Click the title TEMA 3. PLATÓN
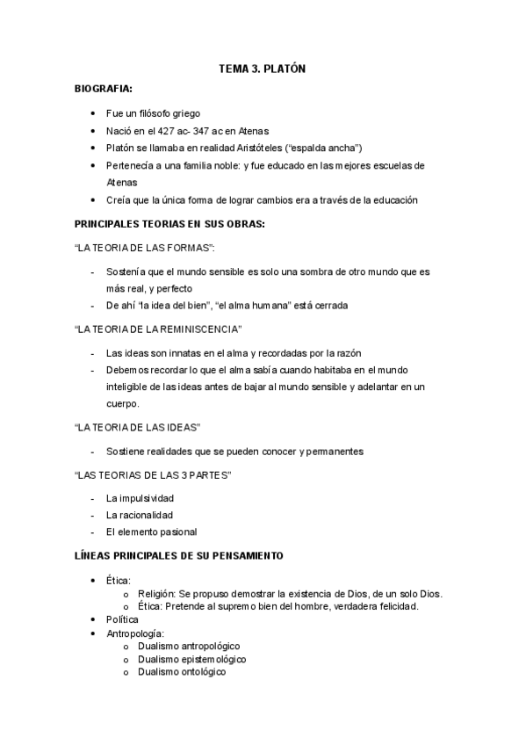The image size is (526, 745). (x=262, y=69)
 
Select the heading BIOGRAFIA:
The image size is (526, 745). (x=104, y=89)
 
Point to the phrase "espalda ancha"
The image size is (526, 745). (x=333, y=148)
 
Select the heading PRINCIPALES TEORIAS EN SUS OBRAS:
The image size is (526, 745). (x=170, y=223)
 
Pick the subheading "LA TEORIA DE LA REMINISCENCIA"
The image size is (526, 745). (x=158, y=329)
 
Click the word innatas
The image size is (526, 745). (x=174, y=352)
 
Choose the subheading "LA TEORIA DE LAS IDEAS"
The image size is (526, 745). (x=139, y=427)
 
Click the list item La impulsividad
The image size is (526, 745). (x=140, y=498)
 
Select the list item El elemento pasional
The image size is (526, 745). (x=151, y=532)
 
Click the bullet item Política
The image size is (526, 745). (x=122, y=619)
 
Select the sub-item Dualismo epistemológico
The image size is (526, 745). (x=191, y=659)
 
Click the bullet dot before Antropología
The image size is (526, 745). (x=94, y=633)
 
